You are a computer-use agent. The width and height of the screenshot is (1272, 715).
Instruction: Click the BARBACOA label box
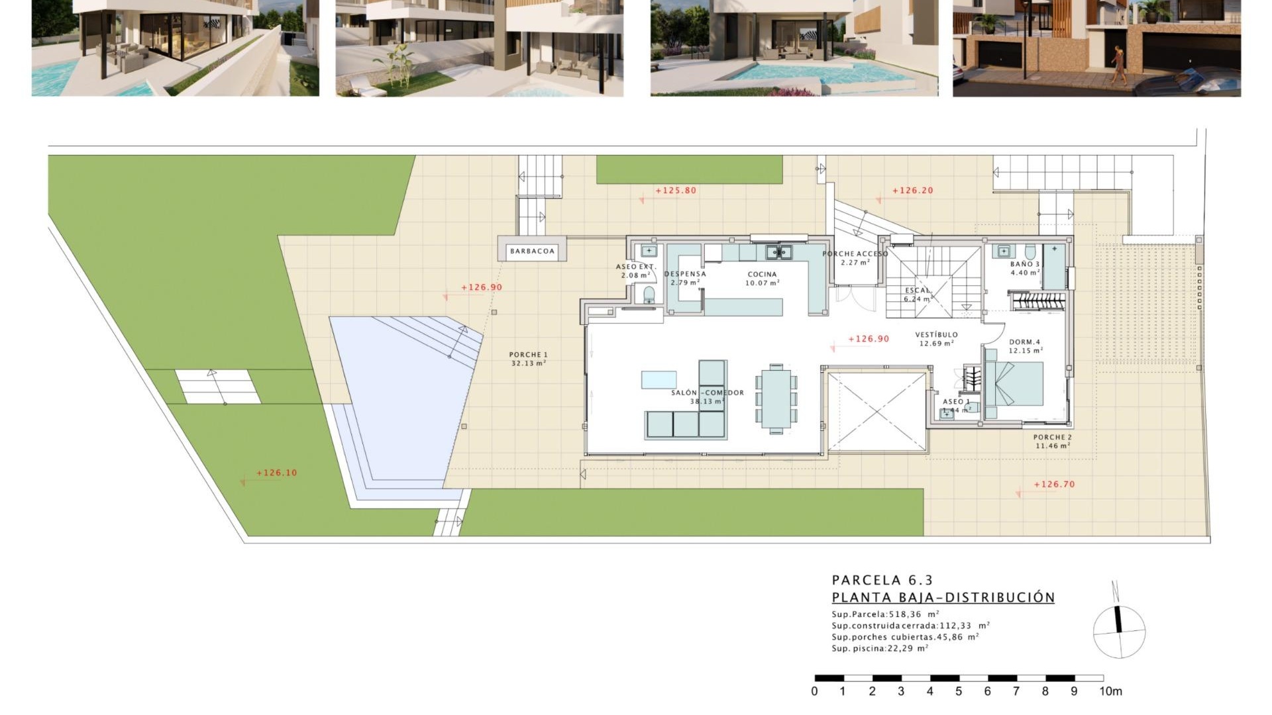(x=532, y=251)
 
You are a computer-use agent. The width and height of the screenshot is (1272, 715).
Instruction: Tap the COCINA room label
(x=762, y=275)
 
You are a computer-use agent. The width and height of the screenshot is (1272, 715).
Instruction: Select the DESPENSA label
(x=685, y=274)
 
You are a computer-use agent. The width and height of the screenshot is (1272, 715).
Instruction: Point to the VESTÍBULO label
(x=936, y=335)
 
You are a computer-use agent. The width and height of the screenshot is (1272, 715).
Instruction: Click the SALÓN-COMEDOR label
(x=708, y=393)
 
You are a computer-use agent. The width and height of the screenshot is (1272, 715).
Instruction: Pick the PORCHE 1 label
(x=528, y=355)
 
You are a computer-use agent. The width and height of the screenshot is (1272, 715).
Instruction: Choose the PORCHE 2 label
(x=1052, y=438)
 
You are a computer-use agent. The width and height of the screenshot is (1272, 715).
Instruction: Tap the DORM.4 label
(x=1024, y=342)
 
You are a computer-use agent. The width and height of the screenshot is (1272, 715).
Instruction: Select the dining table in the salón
(x=776, y=399)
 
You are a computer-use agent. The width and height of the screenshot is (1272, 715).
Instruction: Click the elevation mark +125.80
(x=676, y=191)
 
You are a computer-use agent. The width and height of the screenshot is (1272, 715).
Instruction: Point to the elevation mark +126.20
(x=912, y=191)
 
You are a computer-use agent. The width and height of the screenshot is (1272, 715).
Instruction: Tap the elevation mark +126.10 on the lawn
(x=276, y=473)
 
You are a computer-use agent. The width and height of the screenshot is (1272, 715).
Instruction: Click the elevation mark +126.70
(x=1054, y=485)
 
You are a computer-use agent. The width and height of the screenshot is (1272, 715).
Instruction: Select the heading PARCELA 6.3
(x=882, y=581)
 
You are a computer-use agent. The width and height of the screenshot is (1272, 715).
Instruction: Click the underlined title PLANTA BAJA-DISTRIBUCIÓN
(x=943, y=598)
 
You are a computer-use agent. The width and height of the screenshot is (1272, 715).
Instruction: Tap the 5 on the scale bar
(x=958, y=691)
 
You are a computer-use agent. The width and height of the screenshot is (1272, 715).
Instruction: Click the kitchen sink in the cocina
(x=778, y=252)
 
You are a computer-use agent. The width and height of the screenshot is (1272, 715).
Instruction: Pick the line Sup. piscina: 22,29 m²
(x=880, y=649)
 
